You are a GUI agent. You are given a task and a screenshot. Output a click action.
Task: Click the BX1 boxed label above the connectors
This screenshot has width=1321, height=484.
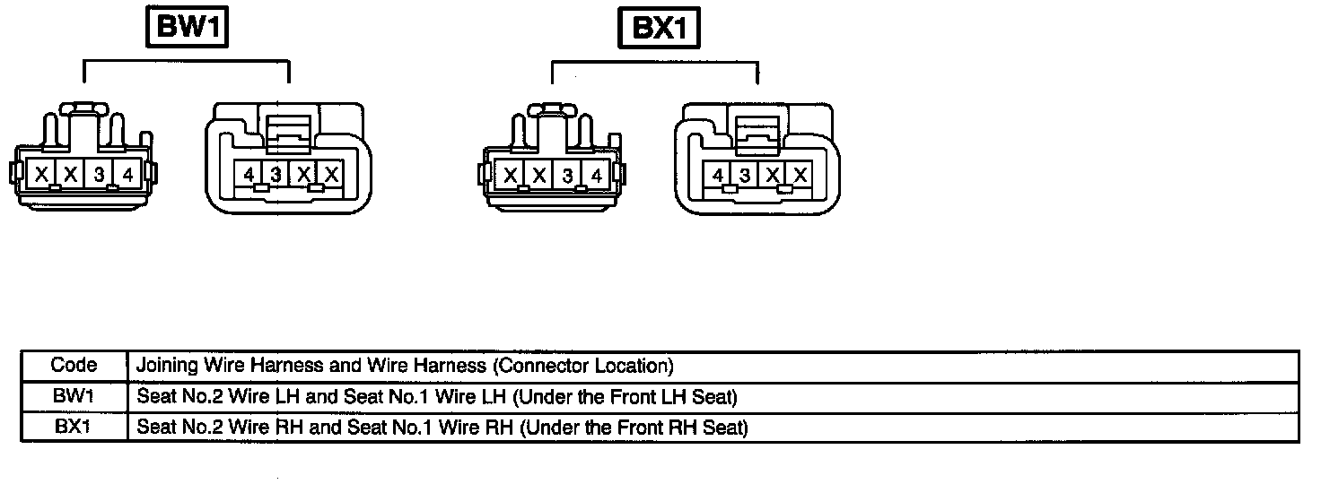tap(659, 29)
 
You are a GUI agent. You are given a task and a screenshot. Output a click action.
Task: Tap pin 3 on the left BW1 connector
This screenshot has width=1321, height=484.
tap(98, 175)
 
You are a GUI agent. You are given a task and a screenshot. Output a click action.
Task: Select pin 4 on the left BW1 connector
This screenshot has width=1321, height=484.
tap(127, 175)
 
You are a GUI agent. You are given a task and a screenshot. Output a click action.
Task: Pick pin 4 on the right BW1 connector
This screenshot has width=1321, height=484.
tap(249, 175)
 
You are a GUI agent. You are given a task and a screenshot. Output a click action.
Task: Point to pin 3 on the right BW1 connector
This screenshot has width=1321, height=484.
tap(277, 175)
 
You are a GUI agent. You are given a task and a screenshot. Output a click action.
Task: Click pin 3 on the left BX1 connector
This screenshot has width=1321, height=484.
tap(567, 176)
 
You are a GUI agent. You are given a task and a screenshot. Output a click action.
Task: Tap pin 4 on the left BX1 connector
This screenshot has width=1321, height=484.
tap(596, 176)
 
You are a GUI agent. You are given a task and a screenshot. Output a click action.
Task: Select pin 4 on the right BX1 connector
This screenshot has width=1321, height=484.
tap(718, 176)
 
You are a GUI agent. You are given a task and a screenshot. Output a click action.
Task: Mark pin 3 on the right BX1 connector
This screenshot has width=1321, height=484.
tap(745, 176)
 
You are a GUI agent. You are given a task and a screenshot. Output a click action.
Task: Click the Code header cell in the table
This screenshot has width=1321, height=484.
tap(74, 365)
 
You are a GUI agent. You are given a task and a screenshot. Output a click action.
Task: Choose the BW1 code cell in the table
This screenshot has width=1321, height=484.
tap(74, 395)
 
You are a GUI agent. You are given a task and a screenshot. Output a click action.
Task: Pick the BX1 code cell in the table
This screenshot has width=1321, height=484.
tap(74, 427)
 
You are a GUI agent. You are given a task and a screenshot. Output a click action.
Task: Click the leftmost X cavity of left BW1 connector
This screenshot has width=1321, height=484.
tap(41, 175)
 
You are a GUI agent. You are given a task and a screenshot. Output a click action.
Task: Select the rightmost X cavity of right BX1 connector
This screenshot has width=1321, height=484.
tap(800, 176)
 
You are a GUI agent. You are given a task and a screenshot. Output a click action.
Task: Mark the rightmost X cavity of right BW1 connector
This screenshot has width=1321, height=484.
tap(332, 175)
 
